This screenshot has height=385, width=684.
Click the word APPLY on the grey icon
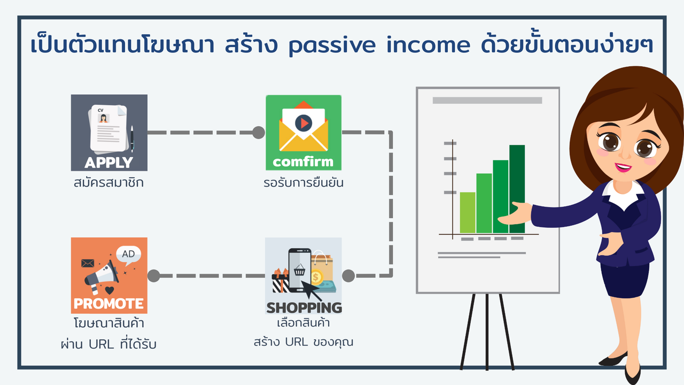pos(108,162)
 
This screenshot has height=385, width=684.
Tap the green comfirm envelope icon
pos(304,133)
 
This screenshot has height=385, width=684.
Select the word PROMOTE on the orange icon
pos(108,303)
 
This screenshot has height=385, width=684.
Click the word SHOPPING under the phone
pos(304,307)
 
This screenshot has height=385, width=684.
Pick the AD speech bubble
pos(129,254)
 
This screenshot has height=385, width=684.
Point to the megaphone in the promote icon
pos(101,276)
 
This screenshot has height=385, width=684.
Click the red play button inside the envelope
pos(304,123)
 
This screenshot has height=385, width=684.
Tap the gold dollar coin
pos(316,278)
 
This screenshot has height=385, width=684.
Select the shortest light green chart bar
pos(468,213)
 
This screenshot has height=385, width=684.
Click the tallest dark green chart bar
pos(517,189)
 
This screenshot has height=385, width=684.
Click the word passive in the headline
pos(332,45)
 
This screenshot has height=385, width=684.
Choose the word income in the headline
pos(428,44)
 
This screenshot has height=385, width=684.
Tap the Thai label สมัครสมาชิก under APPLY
pos(108,182)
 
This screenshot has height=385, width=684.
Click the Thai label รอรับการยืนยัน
pos(304,182)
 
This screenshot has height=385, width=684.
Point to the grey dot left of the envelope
pos(259,133)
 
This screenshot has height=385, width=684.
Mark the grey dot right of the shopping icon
pos(348,275)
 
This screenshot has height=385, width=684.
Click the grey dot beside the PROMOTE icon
pos(153,275)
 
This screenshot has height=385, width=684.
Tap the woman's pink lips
pos(623,167)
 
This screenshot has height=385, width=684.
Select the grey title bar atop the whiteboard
pos(487,101)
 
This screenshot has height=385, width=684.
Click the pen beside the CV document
pos(132,138)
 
